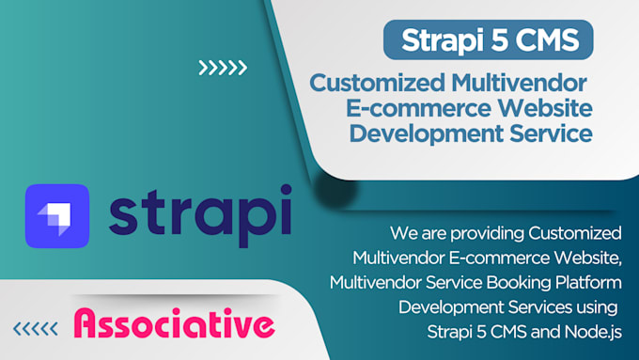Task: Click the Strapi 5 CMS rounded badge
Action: tap(489, 40)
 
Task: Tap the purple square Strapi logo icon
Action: tap(56, 216)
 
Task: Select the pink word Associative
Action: tap(174, 325)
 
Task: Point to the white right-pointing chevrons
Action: tap(223, 67)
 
